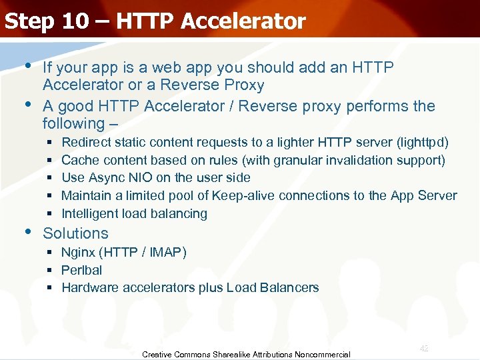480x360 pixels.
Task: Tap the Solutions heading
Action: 75,233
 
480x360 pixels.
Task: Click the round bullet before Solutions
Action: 27,232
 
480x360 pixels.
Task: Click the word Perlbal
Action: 82,270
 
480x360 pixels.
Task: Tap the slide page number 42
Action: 424,348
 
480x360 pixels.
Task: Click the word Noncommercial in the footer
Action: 323,355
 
